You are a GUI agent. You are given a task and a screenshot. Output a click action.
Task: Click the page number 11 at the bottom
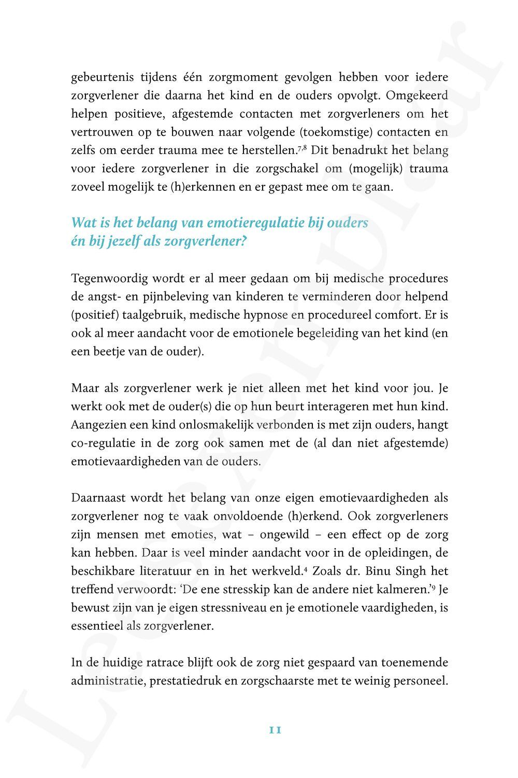[x=275, y=730]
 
